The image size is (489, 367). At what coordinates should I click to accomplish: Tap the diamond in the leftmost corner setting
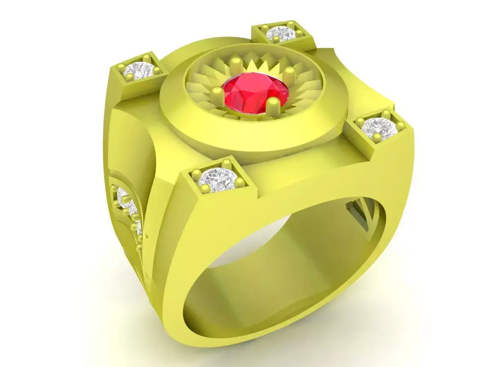pos(139,70)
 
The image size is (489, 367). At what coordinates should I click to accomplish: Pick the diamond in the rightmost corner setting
pos(378,128)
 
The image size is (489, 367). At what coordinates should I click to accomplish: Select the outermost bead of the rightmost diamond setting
pos(401,125)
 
